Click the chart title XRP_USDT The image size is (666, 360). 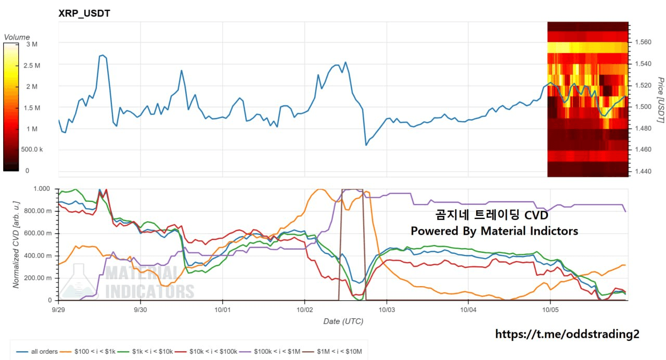coord(84,14)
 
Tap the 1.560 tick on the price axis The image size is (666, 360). coord(643,42)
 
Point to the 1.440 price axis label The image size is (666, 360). coord(643,171)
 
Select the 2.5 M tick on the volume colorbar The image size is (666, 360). coord(32,66)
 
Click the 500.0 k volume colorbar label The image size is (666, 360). coord(32,149)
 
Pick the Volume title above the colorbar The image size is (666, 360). coord(17,37)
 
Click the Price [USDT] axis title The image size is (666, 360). coord(661,100)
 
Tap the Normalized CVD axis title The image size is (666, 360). coord(16,245)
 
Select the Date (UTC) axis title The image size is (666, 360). coord(343,322)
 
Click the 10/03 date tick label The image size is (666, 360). coord(387,310)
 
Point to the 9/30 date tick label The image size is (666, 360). coord(140,310)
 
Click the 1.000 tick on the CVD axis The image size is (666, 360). coord(42,189)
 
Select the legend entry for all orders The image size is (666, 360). coord(37,352)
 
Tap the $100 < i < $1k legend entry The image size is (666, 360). coord(88,352)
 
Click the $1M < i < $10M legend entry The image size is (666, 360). coord(332,352)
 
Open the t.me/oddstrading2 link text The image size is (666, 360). coord(567,334)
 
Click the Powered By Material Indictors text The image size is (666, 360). coord(494,231)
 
